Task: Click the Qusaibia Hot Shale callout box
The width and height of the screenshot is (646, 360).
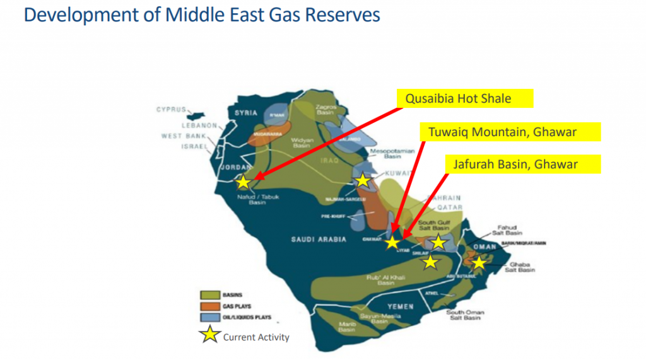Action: [x=465, y=98]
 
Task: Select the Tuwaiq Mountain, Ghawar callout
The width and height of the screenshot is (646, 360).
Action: [x=510, y=132]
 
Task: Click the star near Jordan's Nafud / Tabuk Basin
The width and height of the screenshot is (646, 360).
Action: [x=243, y=182]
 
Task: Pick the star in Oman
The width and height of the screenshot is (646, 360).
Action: [x=479, y=262]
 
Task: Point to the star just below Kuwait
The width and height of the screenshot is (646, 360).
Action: [x=363, y=181]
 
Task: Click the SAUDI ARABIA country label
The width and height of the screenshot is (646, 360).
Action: [x=319, y=240]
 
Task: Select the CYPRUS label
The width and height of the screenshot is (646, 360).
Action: [x=171, y=110]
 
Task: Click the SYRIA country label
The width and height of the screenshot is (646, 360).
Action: [x=247, y=113]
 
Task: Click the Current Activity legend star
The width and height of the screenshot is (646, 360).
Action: [x=210, y=335]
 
